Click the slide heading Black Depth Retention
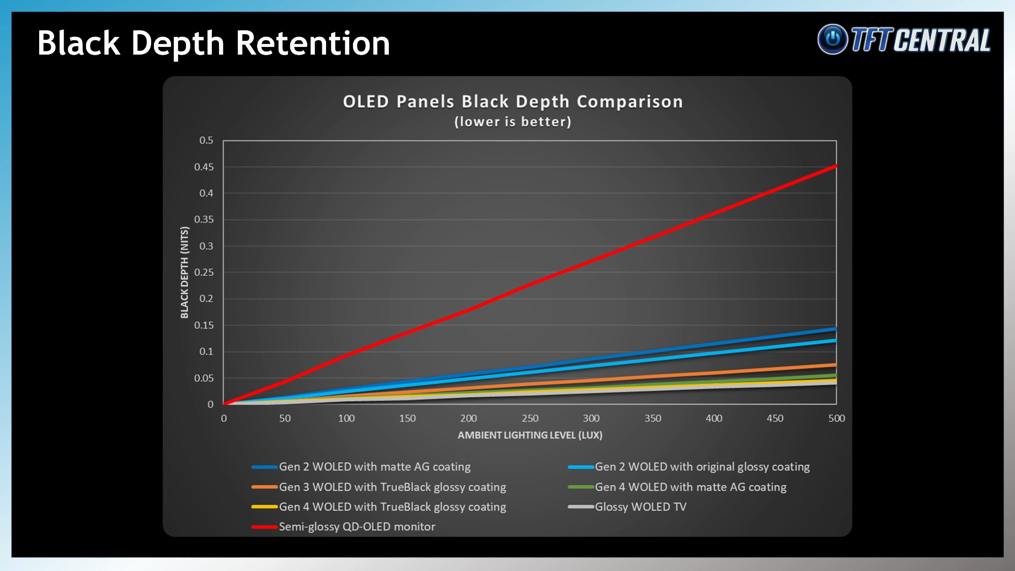213,44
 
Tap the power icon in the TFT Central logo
832,39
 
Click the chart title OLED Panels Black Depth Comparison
512,102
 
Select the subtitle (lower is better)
512,121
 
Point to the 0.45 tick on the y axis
204,167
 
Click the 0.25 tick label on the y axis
204,272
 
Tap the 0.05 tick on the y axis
204,378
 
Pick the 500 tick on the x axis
836,418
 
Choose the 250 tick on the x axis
530,418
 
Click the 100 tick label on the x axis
346,418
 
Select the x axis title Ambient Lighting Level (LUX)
530,435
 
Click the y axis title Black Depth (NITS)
184,273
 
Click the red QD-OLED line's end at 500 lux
836,166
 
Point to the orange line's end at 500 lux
836,365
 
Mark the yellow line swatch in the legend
264,507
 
